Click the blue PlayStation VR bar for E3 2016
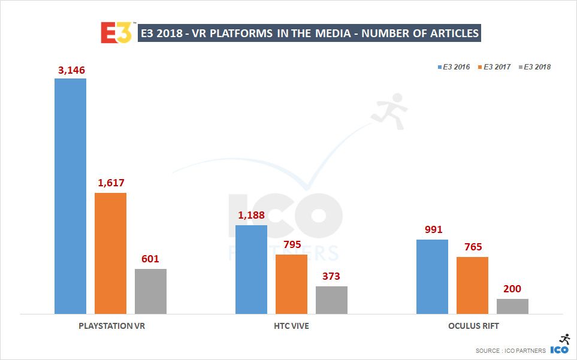point(70,196)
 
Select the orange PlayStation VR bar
point(110,253)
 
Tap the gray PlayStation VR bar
point(150,291)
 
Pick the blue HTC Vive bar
point(251,270)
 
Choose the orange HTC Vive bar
point(291,284)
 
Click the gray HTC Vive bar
point(331,300)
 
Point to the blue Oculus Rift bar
point(432,276)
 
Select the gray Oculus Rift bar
point(512,306)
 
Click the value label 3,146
point(71,70)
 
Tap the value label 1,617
point(111,183)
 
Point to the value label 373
point(331,277)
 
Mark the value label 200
point(512,289)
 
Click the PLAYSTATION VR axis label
point(111,326)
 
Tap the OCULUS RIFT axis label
point(473,326)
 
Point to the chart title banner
point(309,33)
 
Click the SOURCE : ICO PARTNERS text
point(510,350)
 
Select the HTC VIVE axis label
point(291,326)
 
